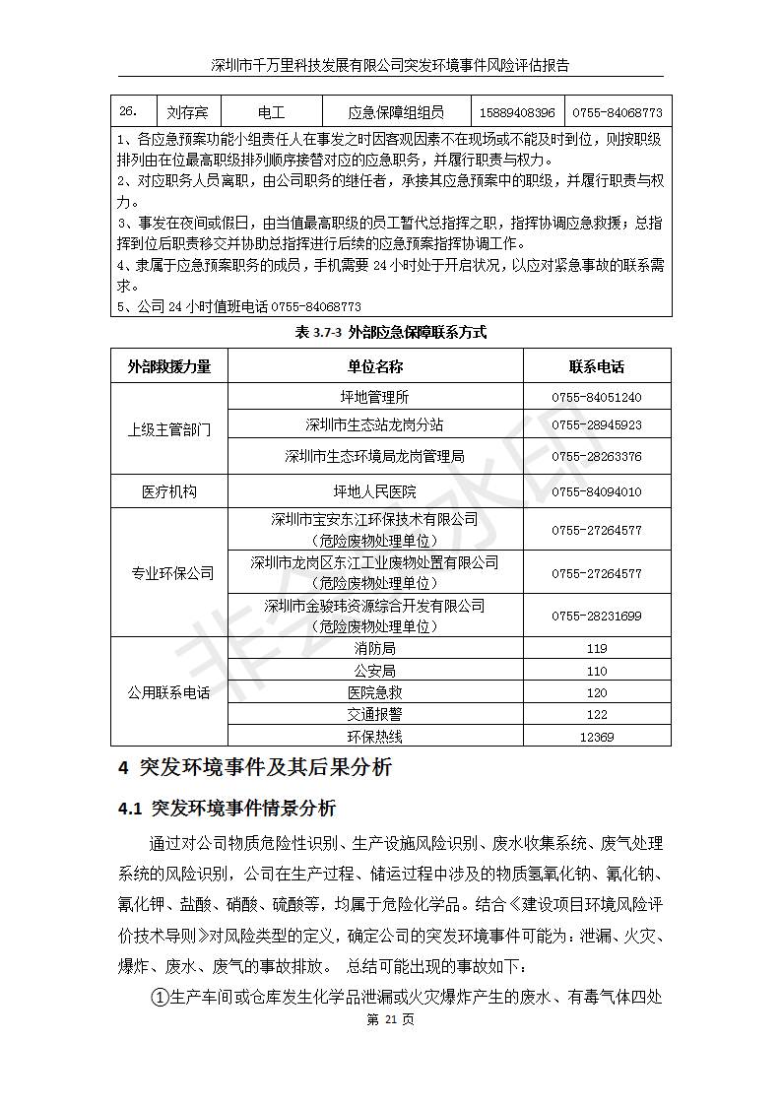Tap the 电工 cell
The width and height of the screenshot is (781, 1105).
pyautogui.click(x=271, y=113)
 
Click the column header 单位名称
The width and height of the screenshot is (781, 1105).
pyautogui.click(x=374, y=367)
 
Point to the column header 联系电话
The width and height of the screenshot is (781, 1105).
pyautogui.click(x=596, y=367)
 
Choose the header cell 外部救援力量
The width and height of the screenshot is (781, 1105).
pyautogui.click(x=169, y=367)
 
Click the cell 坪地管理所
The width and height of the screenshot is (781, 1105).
pyautogui.click(x=374, y=397)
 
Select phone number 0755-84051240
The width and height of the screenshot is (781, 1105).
pyautogui.click(x=596, y=398)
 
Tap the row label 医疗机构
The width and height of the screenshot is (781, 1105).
pyautogui.click(x=169, y=491)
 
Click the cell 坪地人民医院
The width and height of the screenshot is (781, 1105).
pyautogui.click(x=374, y=491)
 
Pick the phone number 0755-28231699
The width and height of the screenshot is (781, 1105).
pyautogui.click(x=596, y=617)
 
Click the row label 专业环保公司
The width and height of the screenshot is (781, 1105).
pyautogui.click(x=169, y=573)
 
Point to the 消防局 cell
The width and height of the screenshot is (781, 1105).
pyautogui.click(x=374, y=649)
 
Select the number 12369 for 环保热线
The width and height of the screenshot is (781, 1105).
pyautogui.click(x=596, y=737)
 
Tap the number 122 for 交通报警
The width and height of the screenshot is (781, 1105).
pyautogui.click(x=596, y=715)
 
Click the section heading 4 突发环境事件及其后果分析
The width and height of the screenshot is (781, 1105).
pyautogui.click(x=255, y=768)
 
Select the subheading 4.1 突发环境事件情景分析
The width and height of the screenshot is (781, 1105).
pyautogui.click(x=227, y=809)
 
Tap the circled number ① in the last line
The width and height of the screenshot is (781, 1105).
pyautogui.click(x=159, y=998)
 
